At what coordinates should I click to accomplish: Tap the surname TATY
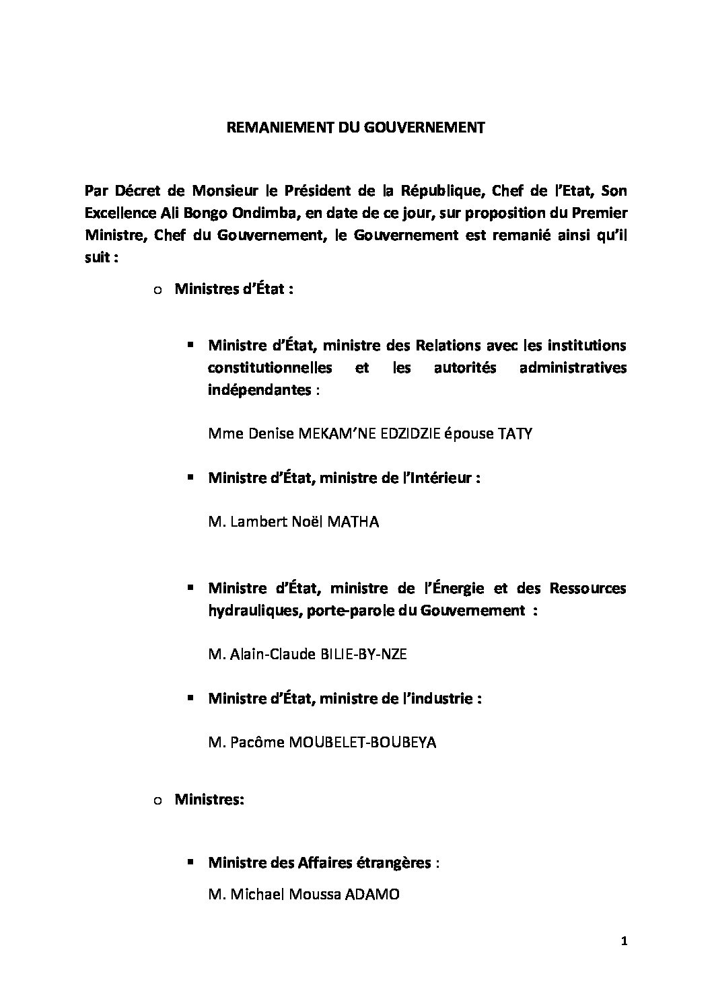coord(514,434)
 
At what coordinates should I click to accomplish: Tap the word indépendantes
coord(260,390)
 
